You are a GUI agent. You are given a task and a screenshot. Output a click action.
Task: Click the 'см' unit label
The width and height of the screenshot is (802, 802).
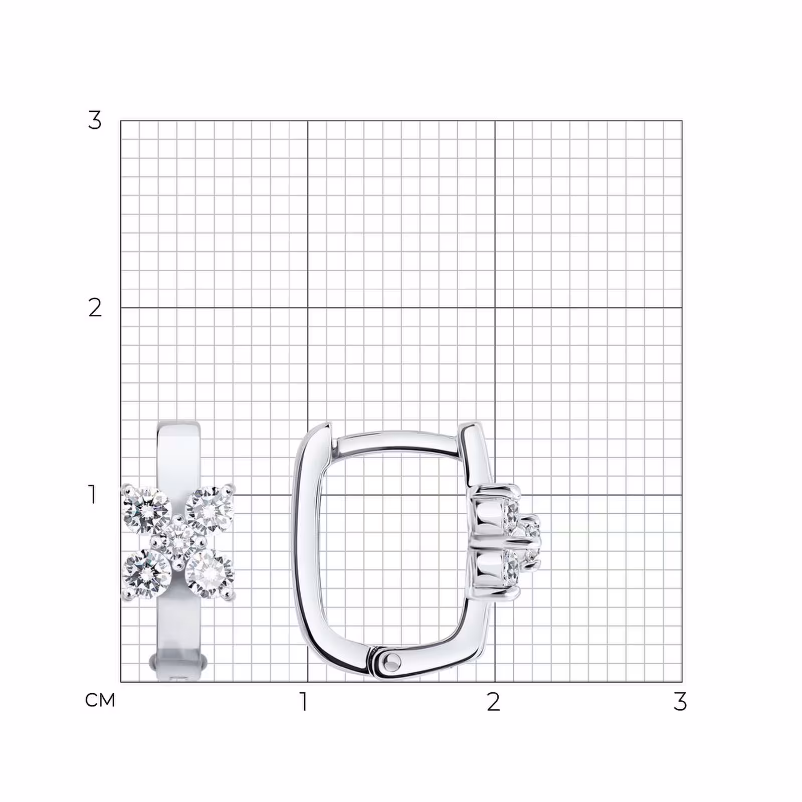click(x=100, y=700)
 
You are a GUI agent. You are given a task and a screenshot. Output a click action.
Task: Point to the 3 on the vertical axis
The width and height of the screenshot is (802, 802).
click(x=95, y=120)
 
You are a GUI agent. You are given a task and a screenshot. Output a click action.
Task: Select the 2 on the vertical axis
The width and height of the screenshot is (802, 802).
click(x=95, y=307)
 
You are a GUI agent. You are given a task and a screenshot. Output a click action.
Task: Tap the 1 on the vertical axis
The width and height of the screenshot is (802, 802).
click(x=92, y=494)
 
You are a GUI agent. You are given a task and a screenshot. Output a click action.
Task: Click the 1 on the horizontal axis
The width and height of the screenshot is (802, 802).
click(x=303, y=702)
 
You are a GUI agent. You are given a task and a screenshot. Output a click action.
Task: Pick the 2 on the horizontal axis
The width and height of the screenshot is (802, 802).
click(x=493, y=702)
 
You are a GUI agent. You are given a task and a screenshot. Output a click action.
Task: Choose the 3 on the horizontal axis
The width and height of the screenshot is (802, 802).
click(x=680, y=702)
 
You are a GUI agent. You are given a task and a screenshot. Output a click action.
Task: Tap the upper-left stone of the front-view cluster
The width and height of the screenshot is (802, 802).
click(x=146, y=510)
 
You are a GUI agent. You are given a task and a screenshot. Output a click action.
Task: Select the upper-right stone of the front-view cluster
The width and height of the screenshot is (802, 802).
click(x=210, y=510)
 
